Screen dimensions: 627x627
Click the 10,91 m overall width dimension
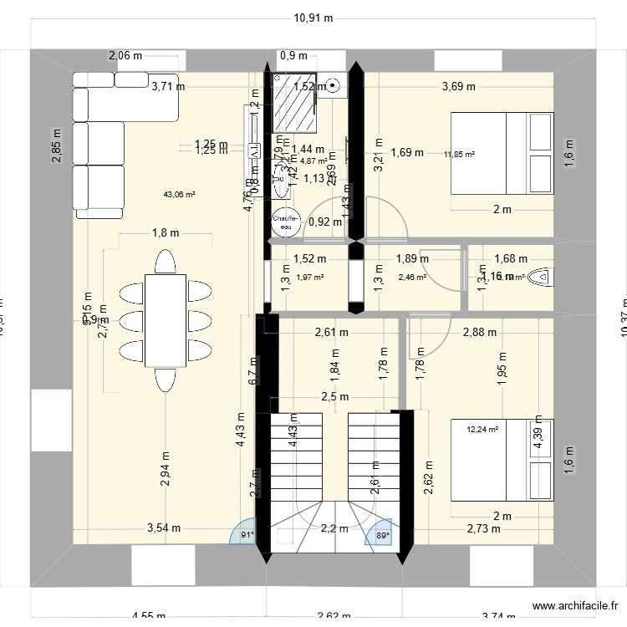click(313, 17)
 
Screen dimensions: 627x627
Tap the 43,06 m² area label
click(180, 194)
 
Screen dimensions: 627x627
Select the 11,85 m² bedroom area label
click(459, 154)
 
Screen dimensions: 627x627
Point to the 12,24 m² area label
click(482, 430)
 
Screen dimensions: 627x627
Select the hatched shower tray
click(295, 103)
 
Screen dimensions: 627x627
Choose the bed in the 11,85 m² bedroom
click(502, 154)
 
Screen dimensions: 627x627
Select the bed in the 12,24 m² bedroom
click(502, 459)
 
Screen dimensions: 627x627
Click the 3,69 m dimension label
click(458, 85)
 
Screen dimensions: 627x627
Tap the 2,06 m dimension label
click(125, 56)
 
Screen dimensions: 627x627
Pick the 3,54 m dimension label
click(164, 528)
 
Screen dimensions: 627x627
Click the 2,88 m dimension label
click(479, 332)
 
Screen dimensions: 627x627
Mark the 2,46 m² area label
click(412, 278)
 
